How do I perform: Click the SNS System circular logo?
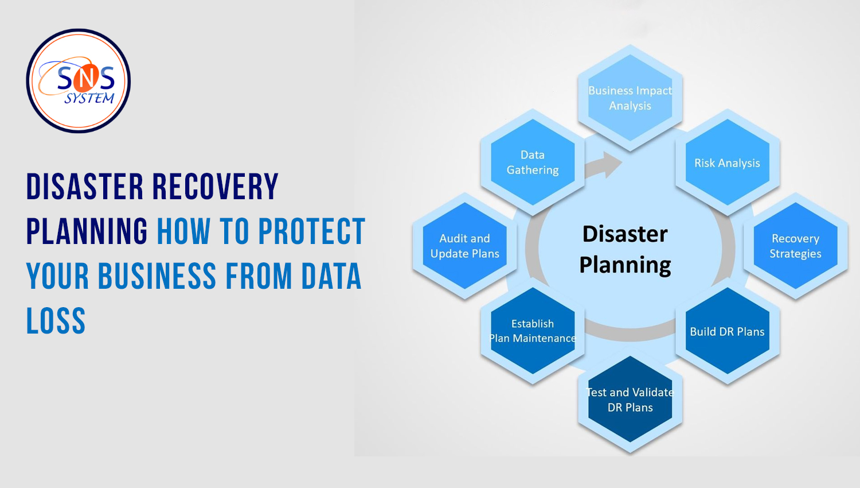[x=79, y=81]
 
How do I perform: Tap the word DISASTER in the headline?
[x=85, y=187]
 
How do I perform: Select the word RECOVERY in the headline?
[x=216, y=187]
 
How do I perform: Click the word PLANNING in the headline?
[x=87, y=232]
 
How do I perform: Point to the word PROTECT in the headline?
[x=311, y=232]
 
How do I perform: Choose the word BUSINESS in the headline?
[x=157, y=277]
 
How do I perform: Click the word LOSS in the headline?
[x=56, y=321]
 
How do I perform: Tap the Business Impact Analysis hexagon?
[x=630, y=98]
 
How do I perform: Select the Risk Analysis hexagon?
[x=727, y=163]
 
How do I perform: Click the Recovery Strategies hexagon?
[x=795, y=246]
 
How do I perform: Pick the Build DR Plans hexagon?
[x=727, y=331]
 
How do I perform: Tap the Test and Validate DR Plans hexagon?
[x=630, y=400]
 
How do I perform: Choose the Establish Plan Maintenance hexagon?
[x=533, y=331]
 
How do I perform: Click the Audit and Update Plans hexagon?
[x=465, y=246]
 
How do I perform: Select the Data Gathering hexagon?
[x=533, y=162]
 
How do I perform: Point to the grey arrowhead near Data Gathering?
[x=611, y=164]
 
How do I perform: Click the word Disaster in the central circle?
[x=625, y=234]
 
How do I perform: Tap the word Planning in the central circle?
[x=625, y=265]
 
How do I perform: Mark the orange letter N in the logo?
[x=86, y=79]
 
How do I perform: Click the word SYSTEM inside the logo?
[x=89, y=99]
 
